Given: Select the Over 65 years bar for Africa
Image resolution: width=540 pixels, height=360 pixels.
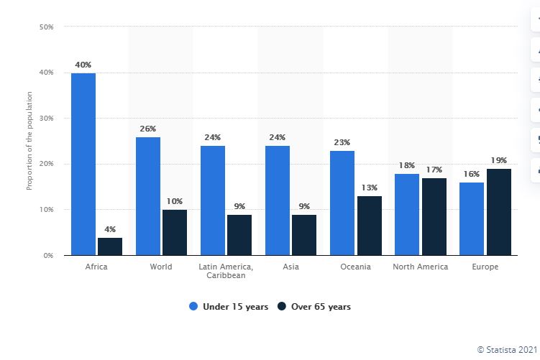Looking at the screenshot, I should (x=110, y=246).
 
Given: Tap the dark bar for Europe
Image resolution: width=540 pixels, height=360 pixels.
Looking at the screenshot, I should (x=498, y=212).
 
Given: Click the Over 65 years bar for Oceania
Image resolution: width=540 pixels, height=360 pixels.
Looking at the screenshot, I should (x=369, y=226).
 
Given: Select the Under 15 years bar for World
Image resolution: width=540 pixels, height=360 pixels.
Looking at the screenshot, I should (x=148, y=195).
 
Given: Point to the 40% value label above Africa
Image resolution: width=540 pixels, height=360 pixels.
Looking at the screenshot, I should (x=83, y=65).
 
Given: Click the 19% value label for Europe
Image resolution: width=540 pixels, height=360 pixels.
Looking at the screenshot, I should (x=499, y=160).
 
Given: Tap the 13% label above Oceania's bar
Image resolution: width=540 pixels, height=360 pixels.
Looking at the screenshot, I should (x=370, y=188).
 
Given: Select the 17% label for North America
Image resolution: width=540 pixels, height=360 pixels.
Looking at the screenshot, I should (x=434, y=170).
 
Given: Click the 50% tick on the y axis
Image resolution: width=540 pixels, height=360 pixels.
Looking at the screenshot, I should (x=45, y=27).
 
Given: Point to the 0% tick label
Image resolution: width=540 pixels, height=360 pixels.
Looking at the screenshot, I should (x=47, y=255).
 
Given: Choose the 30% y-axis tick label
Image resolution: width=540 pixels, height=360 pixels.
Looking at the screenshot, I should (x=45, y=118).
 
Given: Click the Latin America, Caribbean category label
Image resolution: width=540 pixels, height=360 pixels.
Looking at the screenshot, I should (x=226, y=271).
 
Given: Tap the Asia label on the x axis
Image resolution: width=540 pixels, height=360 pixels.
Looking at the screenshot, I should (x=290, y=267).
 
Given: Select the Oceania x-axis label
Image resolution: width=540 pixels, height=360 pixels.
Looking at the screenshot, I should (x=356, y=267).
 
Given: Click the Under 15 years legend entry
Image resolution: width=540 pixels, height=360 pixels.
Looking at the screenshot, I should (x=229, y=307).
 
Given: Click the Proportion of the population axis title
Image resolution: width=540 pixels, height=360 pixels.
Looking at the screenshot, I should (x=29, y=140).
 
